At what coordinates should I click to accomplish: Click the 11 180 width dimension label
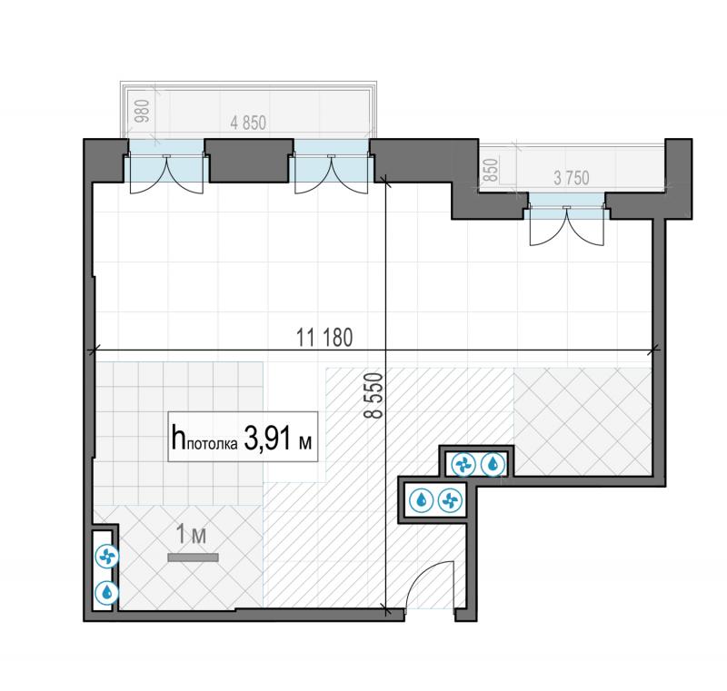(324, 337)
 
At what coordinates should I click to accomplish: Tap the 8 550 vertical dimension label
(374, 396)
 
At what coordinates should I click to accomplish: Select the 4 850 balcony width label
(248, 123)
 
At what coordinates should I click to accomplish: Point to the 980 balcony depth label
(143, 111)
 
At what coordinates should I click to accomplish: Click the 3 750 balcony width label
(572, 178)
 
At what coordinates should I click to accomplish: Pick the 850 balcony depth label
(491, 170)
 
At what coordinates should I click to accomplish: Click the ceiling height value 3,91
(267, 439)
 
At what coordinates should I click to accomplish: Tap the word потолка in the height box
(212, 444)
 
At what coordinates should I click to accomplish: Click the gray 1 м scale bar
(193, 558)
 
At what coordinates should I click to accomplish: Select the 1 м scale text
(191, 535)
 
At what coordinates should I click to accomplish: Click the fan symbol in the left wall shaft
(107, 556)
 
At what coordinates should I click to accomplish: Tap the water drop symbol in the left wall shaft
(107, 592)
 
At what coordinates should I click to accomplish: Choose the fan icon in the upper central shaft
(463, 465)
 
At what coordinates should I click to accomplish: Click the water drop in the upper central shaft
(493, 464)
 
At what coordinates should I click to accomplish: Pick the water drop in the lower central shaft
(422, 500)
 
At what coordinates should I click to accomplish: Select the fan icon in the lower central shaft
(450, 500)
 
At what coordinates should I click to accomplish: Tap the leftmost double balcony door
(166, 174)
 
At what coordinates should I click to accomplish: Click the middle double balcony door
(332, 174)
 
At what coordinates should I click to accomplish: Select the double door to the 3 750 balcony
(567, 226)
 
